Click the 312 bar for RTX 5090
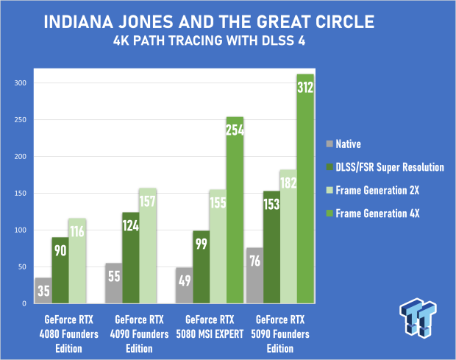click(x=305, y=189)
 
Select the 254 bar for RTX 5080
click(x=235, y=210)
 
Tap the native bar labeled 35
click(x=43, y=291)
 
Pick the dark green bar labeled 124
click(x=131, y=258)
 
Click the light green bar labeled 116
click(x=77, y=261)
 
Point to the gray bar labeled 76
click(x=254, y=275)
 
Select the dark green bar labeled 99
click(x=202, y=267)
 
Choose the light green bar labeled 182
click(x=288, y=236)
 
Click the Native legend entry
click(x=343, y=144)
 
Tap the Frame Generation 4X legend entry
click(x=373, y=213)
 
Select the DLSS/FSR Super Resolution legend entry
click(x=385, y=167)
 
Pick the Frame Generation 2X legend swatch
click(x=329, y=191)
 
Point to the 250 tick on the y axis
click(x=21, y=119)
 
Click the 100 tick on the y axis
click(x=21, y=230)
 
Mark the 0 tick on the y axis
click(x=24, y=303)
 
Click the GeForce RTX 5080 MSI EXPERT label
click(x=210, y=327)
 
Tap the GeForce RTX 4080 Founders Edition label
click(x=69, y=334)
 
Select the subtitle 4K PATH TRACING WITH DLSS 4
click(x=209, y=40)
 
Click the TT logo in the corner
click(x=418, y=318)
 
